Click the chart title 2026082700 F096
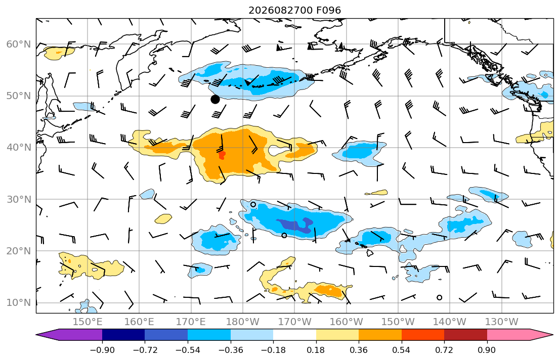[294, 10]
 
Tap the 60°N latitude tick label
[19, 44]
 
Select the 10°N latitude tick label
[19, 303]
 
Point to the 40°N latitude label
[19, 148]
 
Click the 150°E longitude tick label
[88, 322]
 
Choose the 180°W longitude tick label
[243, 322]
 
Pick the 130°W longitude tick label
[502, 322]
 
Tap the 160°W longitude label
[347, 322]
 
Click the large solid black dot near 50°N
[215, 100]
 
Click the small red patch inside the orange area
[222, 155]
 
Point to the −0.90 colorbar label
[102, 350]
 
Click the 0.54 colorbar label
[402, 350]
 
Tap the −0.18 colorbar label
[273, 350]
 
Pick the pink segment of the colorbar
[508, 335]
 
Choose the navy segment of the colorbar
[123, 335]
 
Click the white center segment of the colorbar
[294, 335]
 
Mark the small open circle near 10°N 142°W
[439, 298]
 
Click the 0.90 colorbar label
[487, 350]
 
